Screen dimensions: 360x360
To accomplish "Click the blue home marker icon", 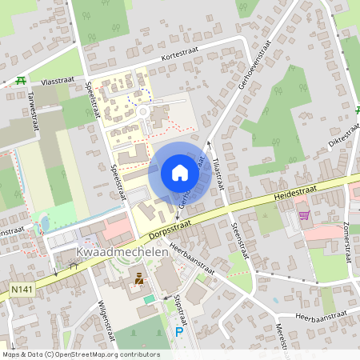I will coord(180,173).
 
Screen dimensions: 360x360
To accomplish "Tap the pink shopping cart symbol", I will coord(303,214).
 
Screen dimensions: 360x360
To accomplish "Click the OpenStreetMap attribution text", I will coord(81,354).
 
